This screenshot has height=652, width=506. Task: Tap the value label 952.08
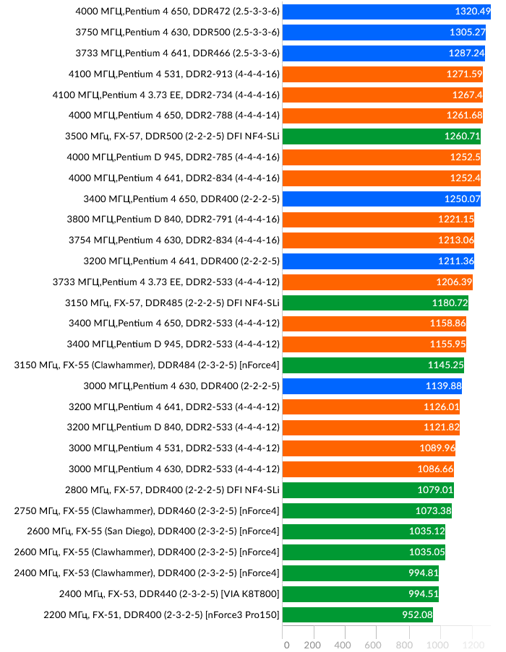(416, 615)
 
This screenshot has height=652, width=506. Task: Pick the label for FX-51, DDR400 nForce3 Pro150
(160, 615)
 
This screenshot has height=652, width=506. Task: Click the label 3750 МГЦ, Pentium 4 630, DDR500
(177, 32)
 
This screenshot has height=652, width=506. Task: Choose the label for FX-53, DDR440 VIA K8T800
(169, 594)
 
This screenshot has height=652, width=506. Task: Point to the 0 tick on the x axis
(286, 644)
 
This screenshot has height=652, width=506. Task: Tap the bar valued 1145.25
(372, 365)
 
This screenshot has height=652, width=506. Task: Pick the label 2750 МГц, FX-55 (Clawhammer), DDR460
(147, 511)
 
